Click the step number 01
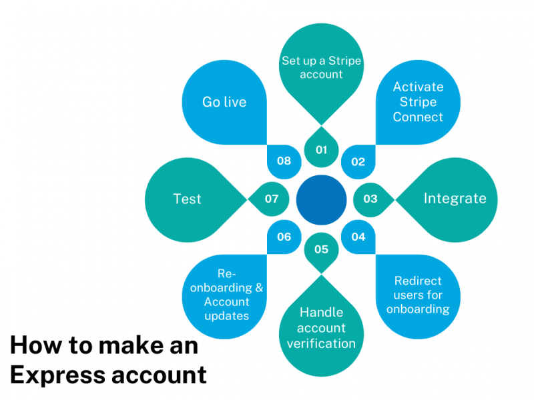click(322, 149)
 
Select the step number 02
click(358, 161)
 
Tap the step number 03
click(370, 199)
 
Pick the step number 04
click(358, 237)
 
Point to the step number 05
click(322, 249)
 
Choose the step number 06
click(284, 237)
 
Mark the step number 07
click(272, 199)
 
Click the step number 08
click(284, 161)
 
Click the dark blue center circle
click(322, 199)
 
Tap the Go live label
click(224, 102)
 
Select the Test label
click(187, 199)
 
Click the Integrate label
click(455, 199)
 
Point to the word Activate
click(418, 87)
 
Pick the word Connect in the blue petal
click(418, 117)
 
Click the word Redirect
click(418, 281)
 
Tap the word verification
click(322, 343)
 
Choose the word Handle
click(322, 312)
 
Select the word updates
click(227, 315)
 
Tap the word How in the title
click(30, 346)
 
